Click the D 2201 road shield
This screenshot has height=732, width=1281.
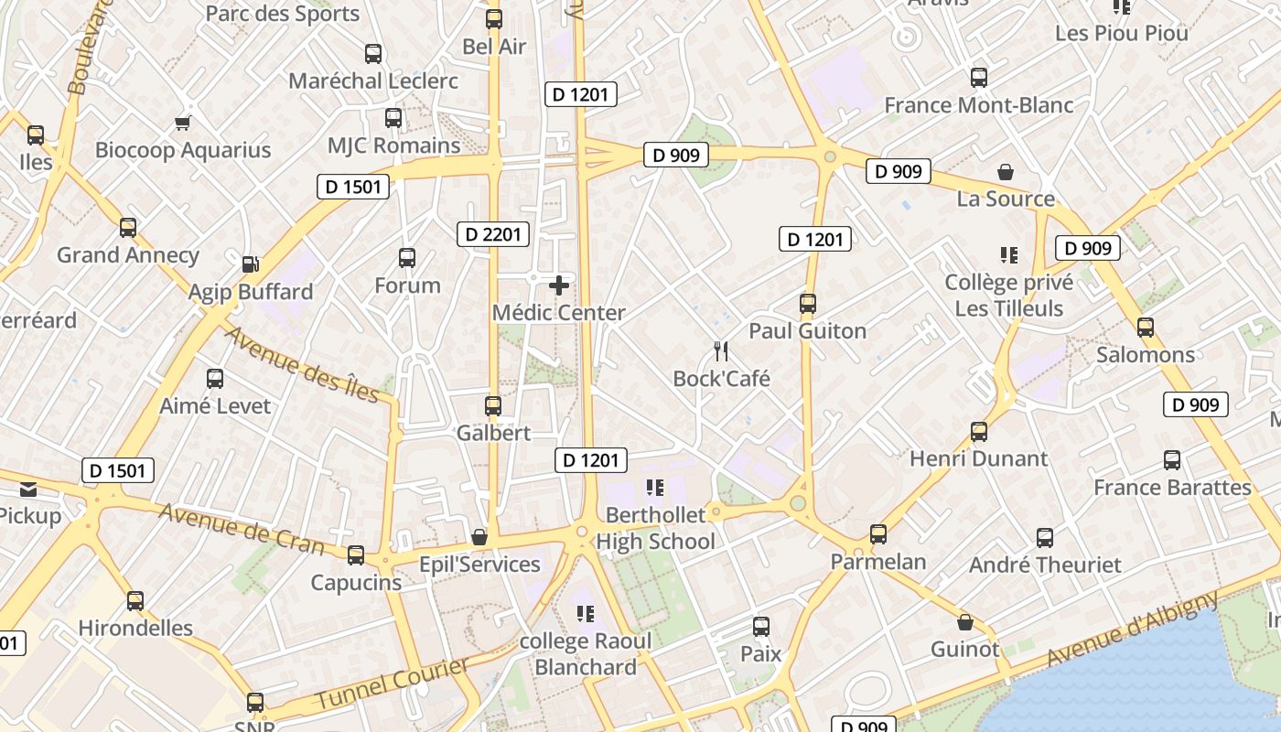[x=493, y=234]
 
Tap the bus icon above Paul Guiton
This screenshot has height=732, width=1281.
[x=807, y=304]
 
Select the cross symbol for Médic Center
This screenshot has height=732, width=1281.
[x=558, y=285]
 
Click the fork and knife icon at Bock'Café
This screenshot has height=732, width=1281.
[x=721, y=351]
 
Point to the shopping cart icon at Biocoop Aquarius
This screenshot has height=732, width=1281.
[x=183, y=123]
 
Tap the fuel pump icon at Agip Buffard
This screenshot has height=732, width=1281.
[x=250, y=264]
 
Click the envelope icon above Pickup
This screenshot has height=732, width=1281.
[x=27, y=490]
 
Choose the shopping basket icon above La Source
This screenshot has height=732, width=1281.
[x=1005, y=171]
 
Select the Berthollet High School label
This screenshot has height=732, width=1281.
[x=656, y=529]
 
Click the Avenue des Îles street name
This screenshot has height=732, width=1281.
[x=301, y=364]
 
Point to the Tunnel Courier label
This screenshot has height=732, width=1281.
[x=393, y=683]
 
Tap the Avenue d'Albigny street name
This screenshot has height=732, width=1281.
[x=1133, y=629]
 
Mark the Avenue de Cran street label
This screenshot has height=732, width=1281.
[x=242, y=529]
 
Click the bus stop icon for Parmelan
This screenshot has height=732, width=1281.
[x=878, y=533]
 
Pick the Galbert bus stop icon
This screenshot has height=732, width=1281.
[x=493, y=405]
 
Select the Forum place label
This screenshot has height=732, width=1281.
[x=407, y=285]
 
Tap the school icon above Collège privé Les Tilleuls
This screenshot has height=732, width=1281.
[x=1008, y=255]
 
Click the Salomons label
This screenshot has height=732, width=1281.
[x=1146, y=354]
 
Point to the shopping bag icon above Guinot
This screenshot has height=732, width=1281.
[x=964, y=623]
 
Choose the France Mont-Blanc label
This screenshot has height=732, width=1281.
[x=979, y=105]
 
